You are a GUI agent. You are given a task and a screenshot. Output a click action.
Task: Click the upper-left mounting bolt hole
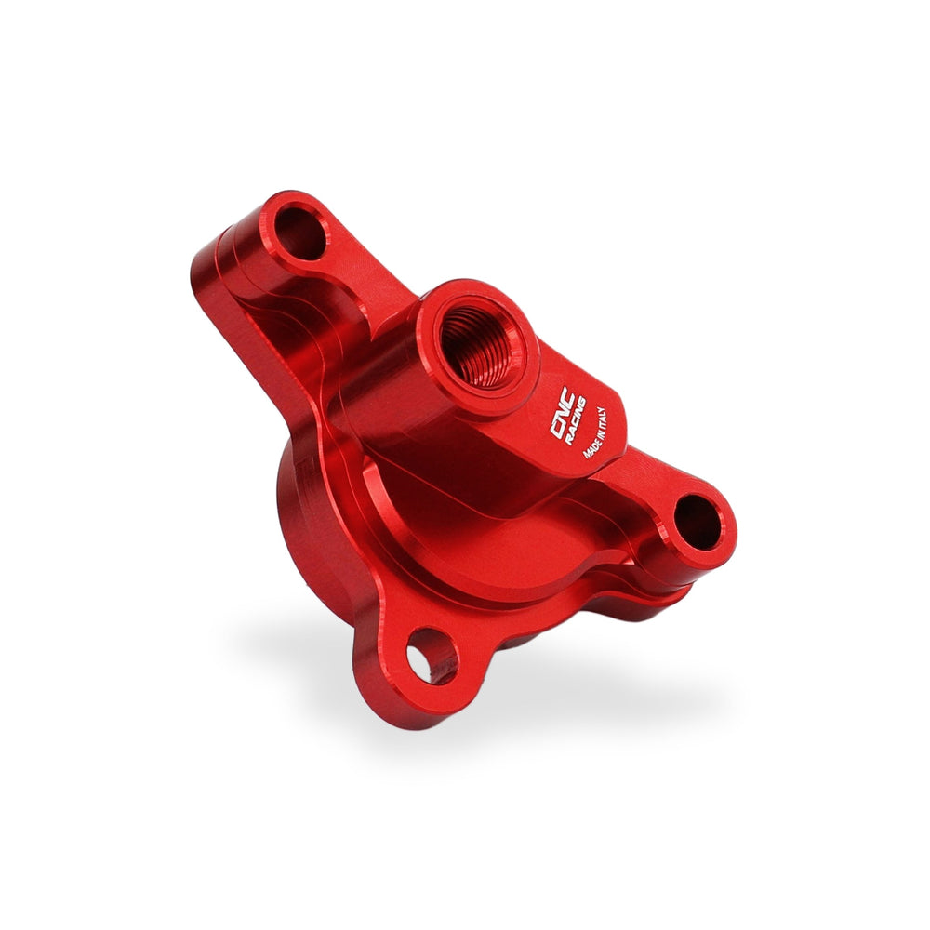pos(300,233)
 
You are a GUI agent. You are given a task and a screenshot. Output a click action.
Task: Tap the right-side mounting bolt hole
pos(698,523)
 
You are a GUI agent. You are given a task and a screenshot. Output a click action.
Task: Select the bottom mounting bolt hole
pos(432,657)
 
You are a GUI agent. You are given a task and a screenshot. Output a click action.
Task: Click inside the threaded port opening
pos(482,346)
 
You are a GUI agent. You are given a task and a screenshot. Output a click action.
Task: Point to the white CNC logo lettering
pos(559,412)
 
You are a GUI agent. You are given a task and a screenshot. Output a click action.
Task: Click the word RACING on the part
pos(575,421)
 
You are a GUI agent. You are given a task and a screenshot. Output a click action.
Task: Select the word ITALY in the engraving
pos(601,418)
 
